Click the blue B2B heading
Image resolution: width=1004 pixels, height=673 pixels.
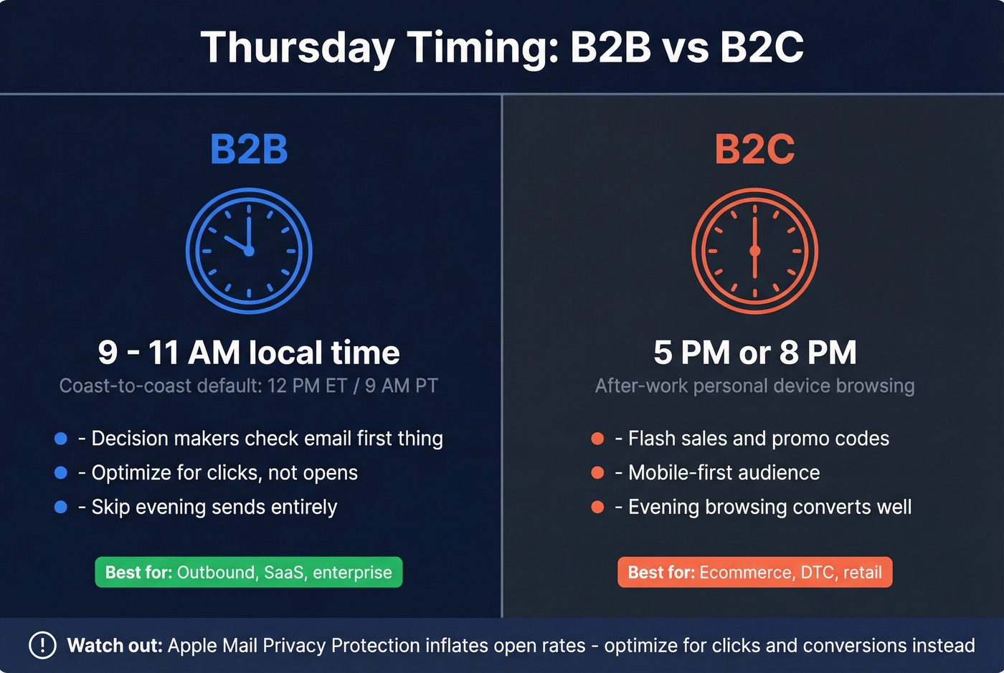coord(249,149)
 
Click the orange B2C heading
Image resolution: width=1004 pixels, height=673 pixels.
coord(754,149)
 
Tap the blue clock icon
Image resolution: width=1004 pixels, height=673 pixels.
coord(249,251)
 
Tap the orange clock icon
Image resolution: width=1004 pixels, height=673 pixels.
coord(754,251)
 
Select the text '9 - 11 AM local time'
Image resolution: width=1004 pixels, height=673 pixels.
coord(249,353)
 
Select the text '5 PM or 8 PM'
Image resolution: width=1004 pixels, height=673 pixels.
coord(754,353)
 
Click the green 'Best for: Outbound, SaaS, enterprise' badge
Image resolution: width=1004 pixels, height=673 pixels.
coord(249,572)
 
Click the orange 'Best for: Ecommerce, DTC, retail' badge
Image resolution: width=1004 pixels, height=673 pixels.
coord(754,572)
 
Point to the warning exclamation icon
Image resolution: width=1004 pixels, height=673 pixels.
coord(42,645)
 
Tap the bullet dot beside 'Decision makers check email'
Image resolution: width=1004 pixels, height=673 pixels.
coord(61,438)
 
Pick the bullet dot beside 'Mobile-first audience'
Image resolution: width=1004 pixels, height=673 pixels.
coord(597,472)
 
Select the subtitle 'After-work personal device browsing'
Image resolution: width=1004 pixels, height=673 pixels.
coord(754,386)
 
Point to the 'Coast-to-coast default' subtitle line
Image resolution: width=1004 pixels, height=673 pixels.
coord(249,386)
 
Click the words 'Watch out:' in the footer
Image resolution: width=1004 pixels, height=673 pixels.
coord(115,645)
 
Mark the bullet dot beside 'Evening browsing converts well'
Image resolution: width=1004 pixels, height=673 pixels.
coord(597,507)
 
